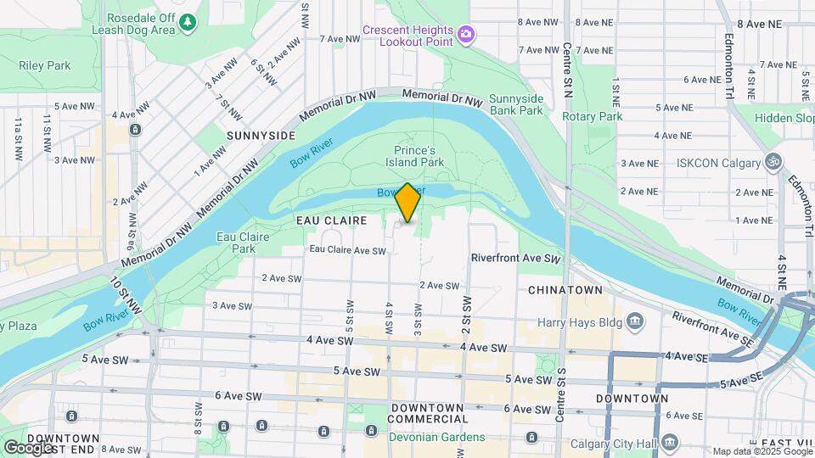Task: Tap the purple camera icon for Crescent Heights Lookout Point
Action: click(465, 34)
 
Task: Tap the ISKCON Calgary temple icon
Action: click(773, 160)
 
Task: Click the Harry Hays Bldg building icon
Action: click(635, 321)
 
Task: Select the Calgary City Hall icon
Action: click(670, 441)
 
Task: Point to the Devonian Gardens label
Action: click(436, 437)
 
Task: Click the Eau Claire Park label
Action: click(236, 243)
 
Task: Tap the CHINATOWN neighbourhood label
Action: click(565, 290)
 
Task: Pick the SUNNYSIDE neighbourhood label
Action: click(261, 136)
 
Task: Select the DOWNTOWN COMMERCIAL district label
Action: click(428, 413)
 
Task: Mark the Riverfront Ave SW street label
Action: click(516, 258)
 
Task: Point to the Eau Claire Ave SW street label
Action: click(347, 250)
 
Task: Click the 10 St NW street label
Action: click(126, 291)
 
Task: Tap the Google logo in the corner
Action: click(27, 447)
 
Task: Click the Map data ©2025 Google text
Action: click(761, 451)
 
